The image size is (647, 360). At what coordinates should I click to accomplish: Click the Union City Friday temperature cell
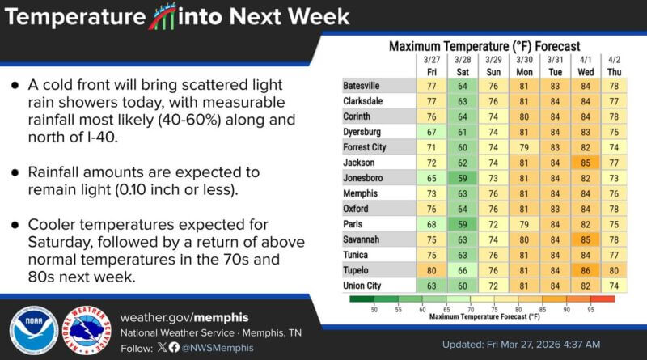point(431,285)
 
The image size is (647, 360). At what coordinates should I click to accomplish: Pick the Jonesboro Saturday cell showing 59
point(462,177)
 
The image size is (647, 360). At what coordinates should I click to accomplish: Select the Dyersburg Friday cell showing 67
point(431,131)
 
